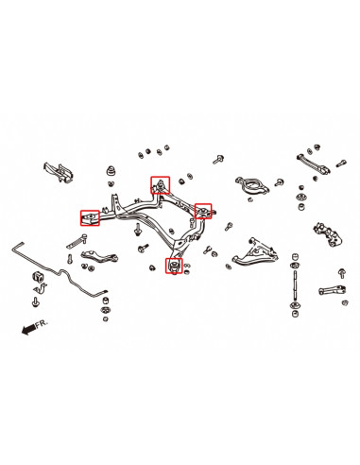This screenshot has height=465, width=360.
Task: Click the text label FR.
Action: [x=42, y=324]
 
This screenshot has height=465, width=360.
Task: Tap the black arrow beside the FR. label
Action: [x=28, y=330]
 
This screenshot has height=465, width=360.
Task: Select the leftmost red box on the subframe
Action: [x=90, y=218]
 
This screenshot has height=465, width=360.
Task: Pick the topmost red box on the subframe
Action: [x=161, y=185]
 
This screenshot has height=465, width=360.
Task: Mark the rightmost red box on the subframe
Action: [x=203, y=211]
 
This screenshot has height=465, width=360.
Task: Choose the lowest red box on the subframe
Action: [x=174, y=266]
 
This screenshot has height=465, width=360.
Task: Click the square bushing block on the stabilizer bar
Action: [x=37, y=276]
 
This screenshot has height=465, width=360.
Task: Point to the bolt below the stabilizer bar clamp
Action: [x=35, y=301]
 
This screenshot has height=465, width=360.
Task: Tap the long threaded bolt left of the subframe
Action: [x=77, y=242]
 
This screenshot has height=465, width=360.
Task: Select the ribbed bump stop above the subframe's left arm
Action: [x=111, y=171]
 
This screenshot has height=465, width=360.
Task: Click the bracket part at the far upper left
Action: [x=59, y=172]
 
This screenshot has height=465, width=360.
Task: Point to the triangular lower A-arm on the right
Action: [x=255, y=251]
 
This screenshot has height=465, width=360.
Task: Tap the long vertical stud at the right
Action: [x=295, y=286]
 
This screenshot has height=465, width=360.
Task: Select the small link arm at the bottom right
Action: [x=333, y=290]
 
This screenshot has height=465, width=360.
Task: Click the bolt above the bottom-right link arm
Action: [x=342, y=273]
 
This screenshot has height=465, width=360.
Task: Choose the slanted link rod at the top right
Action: [x=314, y=163]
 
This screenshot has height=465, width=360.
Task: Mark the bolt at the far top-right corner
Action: [x=341, y=164]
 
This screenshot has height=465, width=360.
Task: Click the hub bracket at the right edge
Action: [x=328, y=234]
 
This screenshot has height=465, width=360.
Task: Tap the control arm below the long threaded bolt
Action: [x=99, y=256]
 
